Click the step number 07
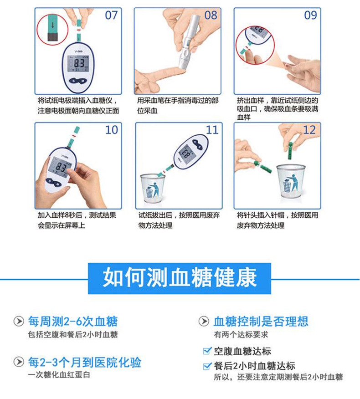111,15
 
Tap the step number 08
211,15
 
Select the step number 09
310,15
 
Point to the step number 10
111,130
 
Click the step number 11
212,130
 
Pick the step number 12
309,130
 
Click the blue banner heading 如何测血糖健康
180,277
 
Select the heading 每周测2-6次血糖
72,322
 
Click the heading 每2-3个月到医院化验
84,363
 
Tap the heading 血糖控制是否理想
261,322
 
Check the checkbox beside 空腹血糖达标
206,351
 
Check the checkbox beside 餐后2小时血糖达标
206,365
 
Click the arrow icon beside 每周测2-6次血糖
18,322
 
